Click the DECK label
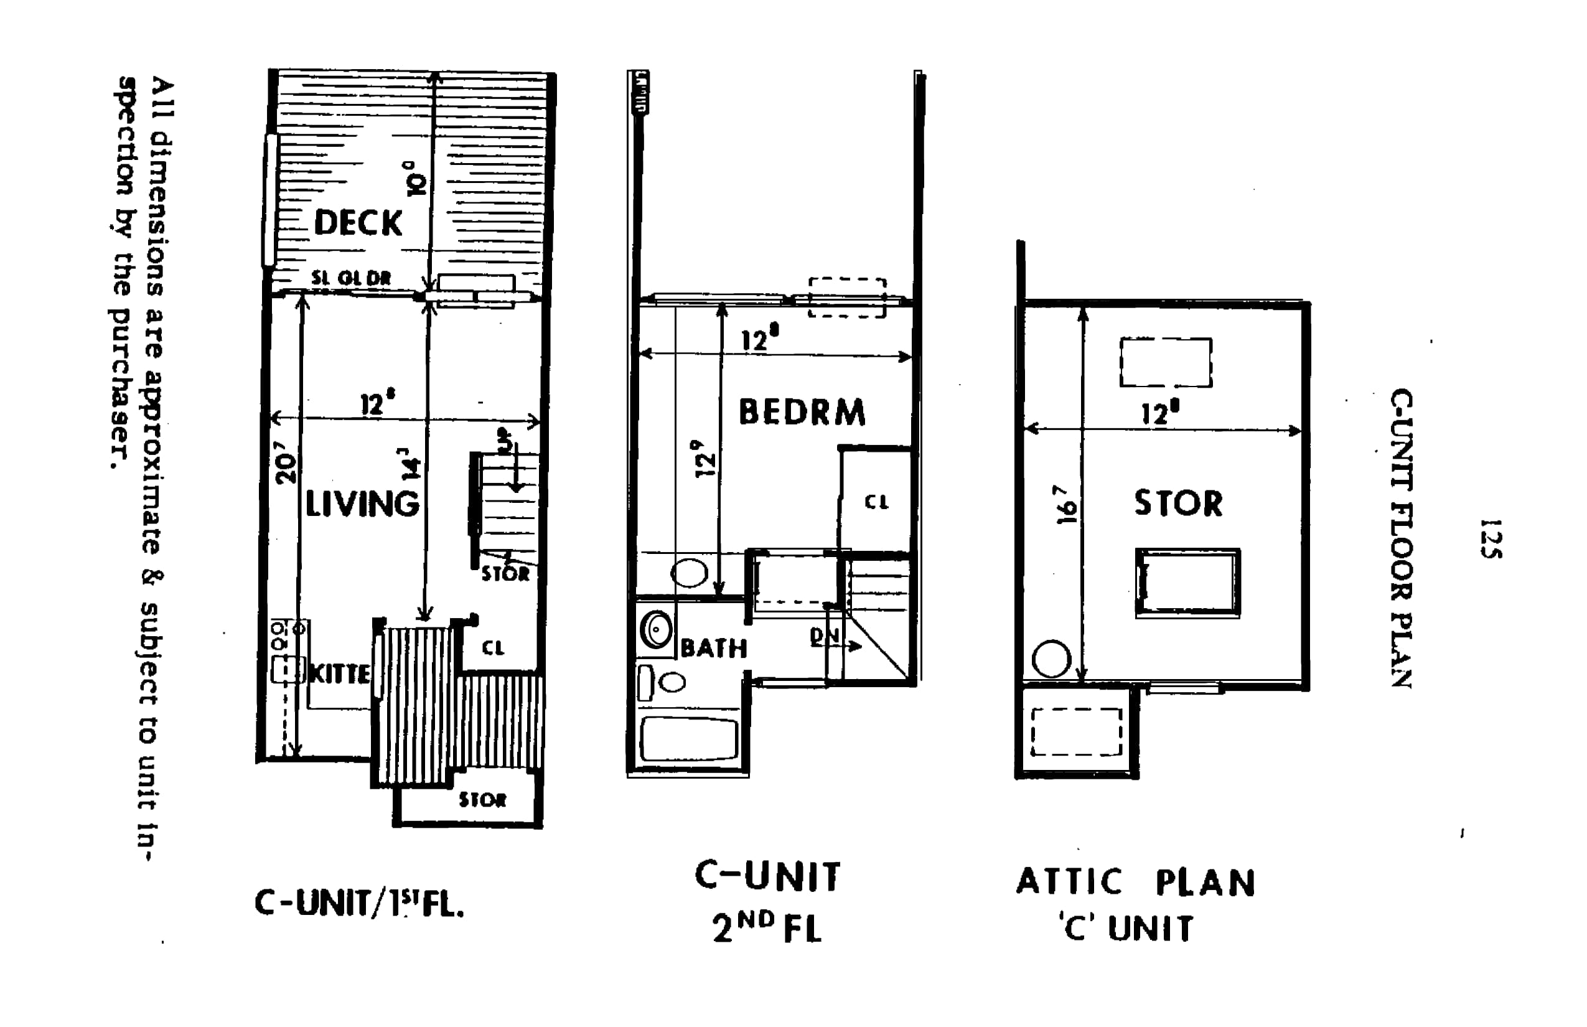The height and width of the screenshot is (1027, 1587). [358, 223]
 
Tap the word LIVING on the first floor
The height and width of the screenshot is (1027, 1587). [362, 504]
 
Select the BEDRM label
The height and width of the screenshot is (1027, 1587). [802, 412]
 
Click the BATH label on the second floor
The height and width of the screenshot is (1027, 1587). [713, 648]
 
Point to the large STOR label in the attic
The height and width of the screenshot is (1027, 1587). [1178, 503]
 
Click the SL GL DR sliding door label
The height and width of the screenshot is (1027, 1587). [351, 279]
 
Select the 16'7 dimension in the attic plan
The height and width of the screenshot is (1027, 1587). [1065, 505]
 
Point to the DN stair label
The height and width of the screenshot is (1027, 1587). [824, 637]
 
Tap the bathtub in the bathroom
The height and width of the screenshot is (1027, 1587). [688, 738]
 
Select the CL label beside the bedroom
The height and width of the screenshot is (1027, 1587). [876, 502]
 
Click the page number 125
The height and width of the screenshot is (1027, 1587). [1491, 538]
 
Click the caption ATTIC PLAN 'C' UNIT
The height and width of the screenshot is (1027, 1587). [1136, 905]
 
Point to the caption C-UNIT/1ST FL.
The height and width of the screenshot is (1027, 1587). [358, 904]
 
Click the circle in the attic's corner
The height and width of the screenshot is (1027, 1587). [1052, 659]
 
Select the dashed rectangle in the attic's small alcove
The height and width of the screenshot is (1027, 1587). [1077, 731]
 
